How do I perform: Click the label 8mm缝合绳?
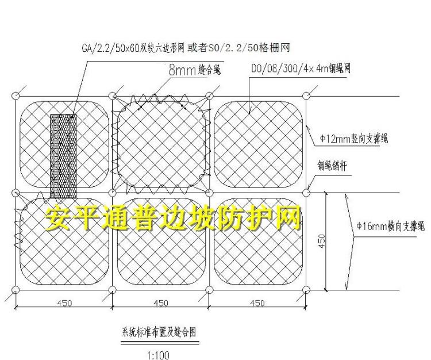pos(194,71)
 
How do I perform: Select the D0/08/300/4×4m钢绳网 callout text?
pos(301,68)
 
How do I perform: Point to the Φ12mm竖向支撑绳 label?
pos(353,139)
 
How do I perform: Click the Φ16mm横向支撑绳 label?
pos(390,226)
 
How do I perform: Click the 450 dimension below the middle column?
pos(161,303)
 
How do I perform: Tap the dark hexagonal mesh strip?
pos(63,155)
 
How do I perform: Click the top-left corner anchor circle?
pos(16,96)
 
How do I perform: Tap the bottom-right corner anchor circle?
pos(306,289)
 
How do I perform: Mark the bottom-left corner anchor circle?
pos(16,289)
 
